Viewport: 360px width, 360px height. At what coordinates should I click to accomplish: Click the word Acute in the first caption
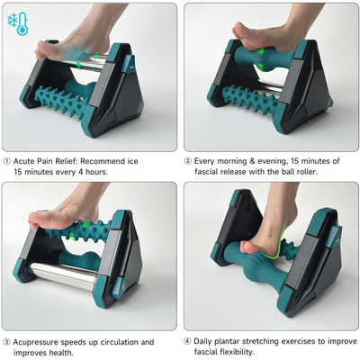[28, 161]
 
